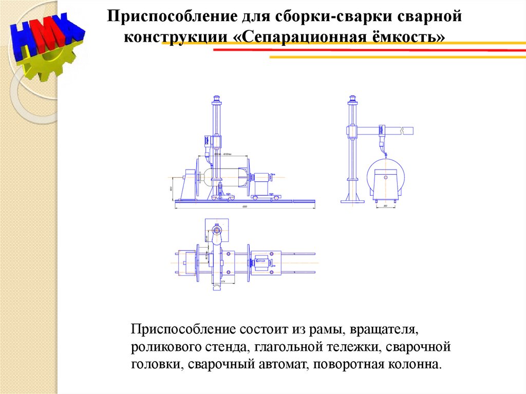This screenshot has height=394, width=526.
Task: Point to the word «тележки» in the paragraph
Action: (x=353, y=347)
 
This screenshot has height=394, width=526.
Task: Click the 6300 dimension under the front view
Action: (x=245, y=207)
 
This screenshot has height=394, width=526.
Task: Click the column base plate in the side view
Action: (x=352, y=201)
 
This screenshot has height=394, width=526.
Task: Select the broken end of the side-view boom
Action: (x=409, y=130)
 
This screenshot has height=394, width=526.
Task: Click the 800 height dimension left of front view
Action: (x=171, y=188)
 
